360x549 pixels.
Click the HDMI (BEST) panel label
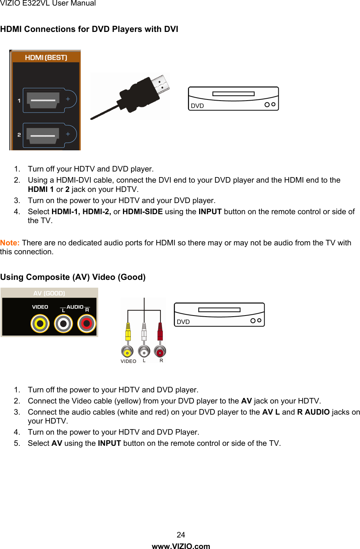46,58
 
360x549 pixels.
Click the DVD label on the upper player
197,106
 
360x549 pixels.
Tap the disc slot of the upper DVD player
233,94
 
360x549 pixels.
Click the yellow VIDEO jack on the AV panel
40,324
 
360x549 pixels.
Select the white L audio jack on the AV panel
64,324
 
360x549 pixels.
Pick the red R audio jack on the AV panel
87,324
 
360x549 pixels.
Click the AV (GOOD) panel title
49,293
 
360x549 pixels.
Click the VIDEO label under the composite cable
129,361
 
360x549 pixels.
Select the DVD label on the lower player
183,322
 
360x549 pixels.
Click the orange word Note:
10,243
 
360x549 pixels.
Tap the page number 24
181,535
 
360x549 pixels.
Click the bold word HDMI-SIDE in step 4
143,212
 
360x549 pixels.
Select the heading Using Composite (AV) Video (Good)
73,277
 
